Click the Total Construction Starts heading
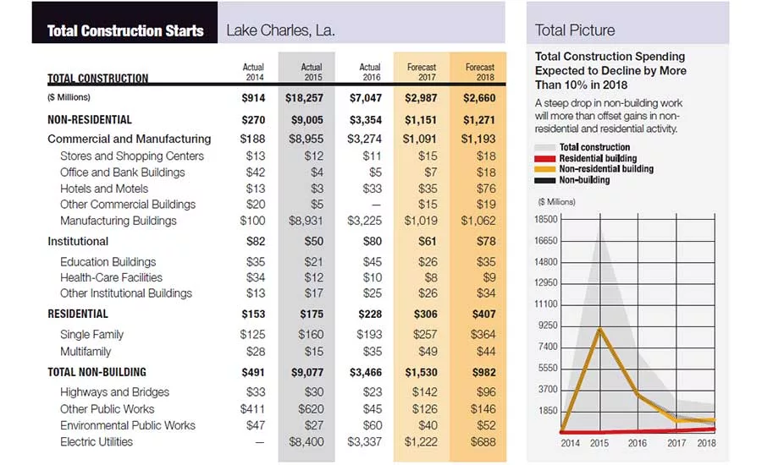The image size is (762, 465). [125, 30]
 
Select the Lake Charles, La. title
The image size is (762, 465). [280, 30]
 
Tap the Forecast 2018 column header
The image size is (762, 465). [480, 72]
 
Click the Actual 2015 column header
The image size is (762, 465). [312, 72]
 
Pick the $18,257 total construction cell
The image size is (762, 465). [304, 98]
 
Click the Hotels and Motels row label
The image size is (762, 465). [104, 189]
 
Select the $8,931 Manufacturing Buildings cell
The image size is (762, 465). [306, 221]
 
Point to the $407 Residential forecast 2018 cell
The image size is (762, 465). [484, 314]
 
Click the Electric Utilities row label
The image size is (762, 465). [97, 441]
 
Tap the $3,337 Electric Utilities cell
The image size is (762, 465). [364, 441]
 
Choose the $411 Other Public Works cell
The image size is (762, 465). [252, 409]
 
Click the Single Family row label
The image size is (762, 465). [91, 335]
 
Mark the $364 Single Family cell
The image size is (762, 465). [483, 335]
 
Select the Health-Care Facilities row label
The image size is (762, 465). [111, 277]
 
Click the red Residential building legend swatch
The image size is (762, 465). [544, 158]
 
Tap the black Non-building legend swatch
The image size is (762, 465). [544, 180]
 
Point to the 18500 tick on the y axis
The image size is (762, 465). [546, 219]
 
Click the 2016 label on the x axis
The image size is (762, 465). [637, 443]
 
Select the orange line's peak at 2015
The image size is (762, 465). [600, 329]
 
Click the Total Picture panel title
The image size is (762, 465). [575, 30]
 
